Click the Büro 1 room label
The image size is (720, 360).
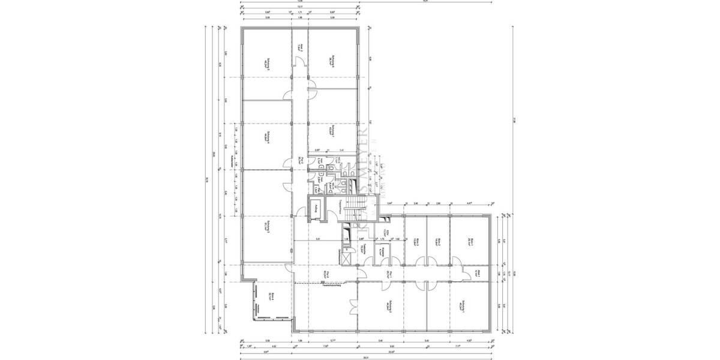tap(472, 241)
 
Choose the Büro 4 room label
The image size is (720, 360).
tap(271, 297)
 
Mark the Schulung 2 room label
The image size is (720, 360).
tap(389, 306)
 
